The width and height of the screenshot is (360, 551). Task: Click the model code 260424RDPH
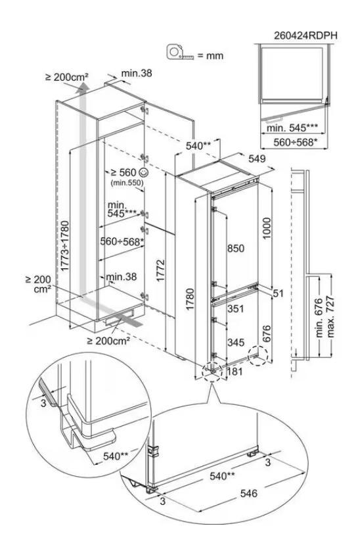(x=305, y=36)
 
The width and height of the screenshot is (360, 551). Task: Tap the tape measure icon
(x=181, y=52)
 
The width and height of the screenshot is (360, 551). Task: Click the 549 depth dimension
(x=258, y=159)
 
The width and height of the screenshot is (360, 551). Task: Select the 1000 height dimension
(x=267, y=228)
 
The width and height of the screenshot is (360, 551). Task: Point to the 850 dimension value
(x=236, y=249)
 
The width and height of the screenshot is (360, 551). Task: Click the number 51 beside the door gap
(x=278, y=293)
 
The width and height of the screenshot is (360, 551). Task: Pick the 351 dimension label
(x=235, y=308)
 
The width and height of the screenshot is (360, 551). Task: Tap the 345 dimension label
(x=236, y=343)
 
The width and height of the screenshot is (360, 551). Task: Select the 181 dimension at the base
(x=235, y=371)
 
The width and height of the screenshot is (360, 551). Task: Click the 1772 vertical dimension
(x=160, y=271)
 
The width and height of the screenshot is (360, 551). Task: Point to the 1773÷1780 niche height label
(x=65, y=246)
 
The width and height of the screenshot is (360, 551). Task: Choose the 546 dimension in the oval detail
(x=249, y=493)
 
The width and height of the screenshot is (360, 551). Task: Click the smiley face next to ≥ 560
(x=144, y=172)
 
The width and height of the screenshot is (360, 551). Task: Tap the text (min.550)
(x=127, y=183)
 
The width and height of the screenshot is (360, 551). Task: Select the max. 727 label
(x=330, y=317)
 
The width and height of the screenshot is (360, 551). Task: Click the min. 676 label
(x=319, y=318)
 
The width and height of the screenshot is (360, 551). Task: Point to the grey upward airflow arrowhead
(x=83, y=87)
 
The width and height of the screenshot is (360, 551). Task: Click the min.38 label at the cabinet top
(x=137, y=73)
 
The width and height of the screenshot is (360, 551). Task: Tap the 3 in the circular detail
(x=43, y=402)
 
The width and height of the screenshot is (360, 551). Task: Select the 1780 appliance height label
(x=190, y=299)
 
